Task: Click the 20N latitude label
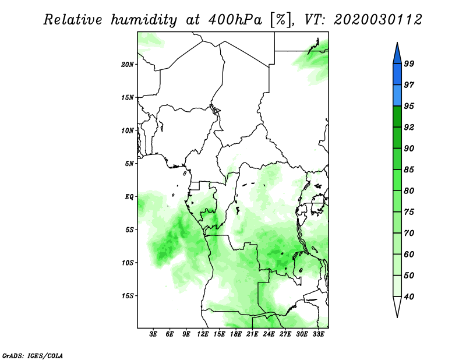[128, 65]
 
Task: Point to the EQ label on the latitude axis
[129, 197]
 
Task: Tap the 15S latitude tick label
[128, 296]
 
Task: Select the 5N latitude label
[129, 164]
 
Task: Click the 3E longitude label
[153, 334]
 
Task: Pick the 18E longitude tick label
[236, 334]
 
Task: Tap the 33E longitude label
[318, 334]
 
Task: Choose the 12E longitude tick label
[203, 334]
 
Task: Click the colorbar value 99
[409, 63]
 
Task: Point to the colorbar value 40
[409, 297]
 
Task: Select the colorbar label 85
[409, 170]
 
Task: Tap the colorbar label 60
[409, 255]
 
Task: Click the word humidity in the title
[144, 20]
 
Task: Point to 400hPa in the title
[235, 20]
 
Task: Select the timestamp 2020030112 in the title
[377, 20]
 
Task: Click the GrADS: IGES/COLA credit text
[33, 355]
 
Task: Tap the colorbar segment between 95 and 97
[397, 96]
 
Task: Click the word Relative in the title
[73, 20]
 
